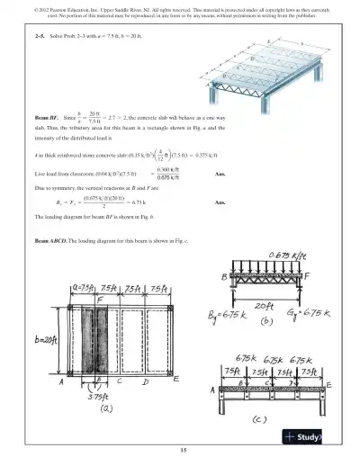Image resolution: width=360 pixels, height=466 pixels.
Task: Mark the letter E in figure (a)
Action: click(x=175, y=381)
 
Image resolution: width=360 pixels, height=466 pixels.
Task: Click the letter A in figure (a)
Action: click(x=62, y=381)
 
